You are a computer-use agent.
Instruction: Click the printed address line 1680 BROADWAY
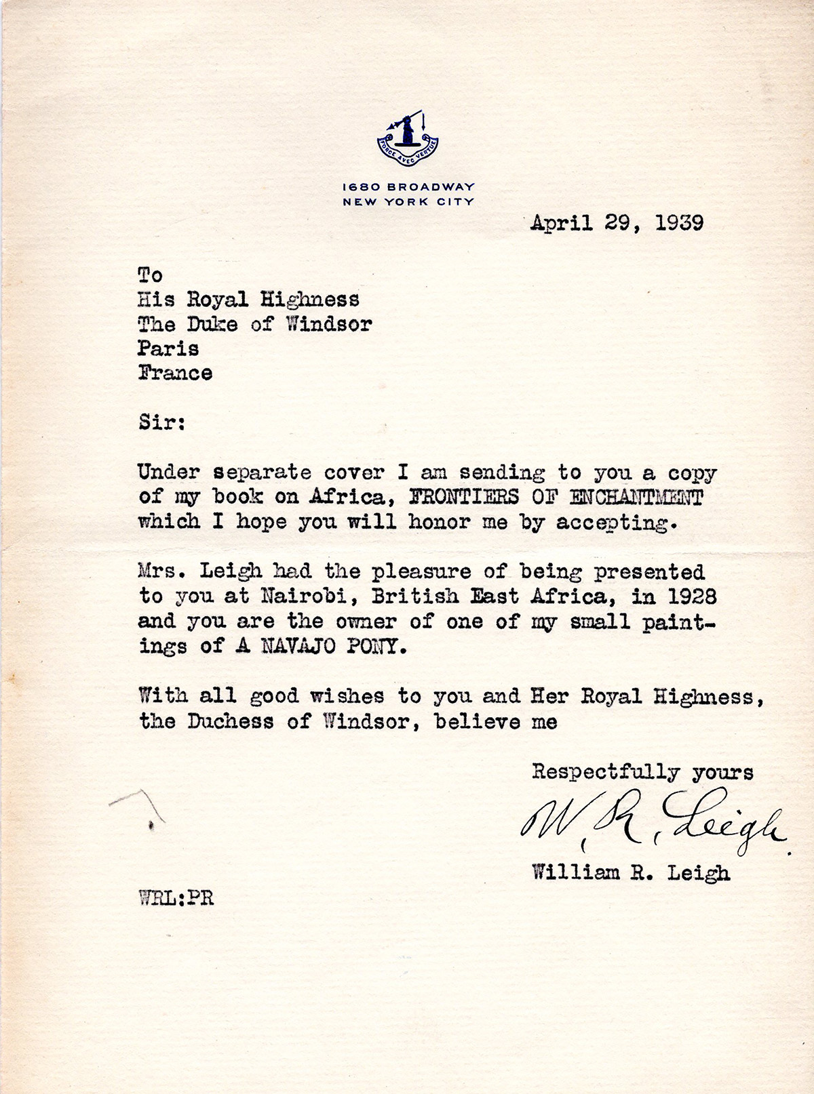tap(408, 186)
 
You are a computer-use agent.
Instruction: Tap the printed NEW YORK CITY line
tap(408, 201)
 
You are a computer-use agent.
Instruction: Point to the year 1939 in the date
tap(679, 223)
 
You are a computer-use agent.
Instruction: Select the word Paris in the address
tap(168, 348)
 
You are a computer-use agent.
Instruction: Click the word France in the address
tap(175, 373)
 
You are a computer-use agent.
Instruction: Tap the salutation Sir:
tap(161, 422)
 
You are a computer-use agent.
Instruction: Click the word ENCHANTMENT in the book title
tap(636, 497)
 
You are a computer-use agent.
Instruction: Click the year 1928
tap(691, 596)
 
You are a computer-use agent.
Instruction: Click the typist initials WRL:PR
tap(176, 898)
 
